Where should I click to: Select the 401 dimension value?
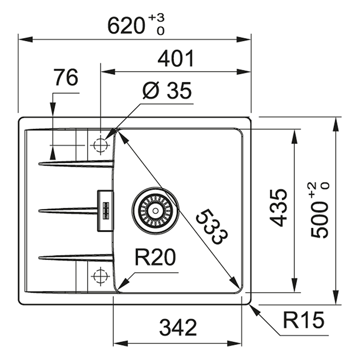176,59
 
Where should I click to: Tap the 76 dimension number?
66,77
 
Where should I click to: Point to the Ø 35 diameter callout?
167,90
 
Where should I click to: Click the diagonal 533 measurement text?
211,227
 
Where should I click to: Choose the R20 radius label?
155,257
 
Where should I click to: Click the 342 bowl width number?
178,328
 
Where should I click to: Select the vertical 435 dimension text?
278,208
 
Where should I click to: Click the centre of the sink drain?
155,211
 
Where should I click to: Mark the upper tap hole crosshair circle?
100,145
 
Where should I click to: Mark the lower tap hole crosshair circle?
100,276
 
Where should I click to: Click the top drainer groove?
76,163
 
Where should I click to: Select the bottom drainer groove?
76,257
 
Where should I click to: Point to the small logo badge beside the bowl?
106,210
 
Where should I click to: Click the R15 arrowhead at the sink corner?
255,310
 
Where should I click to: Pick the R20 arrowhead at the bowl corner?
123,283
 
